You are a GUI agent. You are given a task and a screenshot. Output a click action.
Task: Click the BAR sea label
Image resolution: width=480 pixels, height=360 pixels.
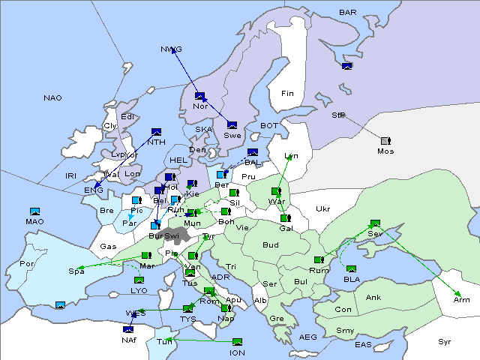point(348,12)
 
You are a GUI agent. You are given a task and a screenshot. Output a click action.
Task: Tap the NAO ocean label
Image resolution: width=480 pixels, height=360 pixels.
point(52,97)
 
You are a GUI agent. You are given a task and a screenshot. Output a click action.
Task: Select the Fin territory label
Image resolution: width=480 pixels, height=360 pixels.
point(287,94)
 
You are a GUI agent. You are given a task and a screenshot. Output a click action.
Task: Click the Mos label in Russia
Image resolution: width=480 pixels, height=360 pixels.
point(385,151)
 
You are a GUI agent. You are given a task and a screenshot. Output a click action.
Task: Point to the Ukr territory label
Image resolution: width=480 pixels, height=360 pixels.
point(322,208)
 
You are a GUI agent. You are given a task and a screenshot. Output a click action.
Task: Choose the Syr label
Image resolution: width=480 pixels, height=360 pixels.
point(445,341)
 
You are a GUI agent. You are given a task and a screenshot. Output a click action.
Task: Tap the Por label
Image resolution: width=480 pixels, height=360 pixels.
point(27,264)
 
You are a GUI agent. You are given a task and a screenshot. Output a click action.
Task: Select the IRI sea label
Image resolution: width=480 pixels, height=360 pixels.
point(71,175)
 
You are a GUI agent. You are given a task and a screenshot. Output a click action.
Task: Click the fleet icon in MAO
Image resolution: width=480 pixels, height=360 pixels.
point(34,211)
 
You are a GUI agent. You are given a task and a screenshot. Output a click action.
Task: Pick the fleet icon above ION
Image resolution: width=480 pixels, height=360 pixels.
point(238,342)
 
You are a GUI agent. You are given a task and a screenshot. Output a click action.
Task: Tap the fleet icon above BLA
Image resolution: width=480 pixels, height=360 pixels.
point(352,268)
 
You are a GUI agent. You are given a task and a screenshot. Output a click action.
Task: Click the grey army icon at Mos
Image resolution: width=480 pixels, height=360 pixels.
point(385,141)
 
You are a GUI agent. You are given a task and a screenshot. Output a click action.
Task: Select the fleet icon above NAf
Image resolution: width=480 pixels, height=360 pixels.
point(129,328)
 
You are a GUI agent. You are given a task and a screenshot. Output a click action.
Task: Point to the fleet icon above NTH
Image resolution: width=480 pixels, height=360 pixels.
point(157,132)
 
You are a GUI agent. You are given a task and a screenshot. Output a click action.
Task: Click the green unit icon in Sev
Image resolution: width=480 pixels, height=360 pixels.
point(374,223)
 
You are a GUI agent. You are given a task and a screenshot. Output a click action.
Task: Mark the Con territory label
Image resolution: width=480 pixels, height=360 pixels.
point(343,310)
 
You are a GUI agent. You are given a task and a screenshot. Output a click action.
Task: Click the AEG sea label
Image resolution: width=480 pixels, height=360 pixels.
point(308,337)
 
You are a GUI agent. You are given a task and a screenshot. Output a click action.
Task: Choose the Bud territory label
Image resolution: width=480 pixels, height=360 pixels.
point(270,244)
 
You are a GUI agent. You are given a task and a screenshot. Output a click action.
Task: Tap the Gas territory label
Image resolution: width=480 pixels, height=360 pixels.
point(108,246)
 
